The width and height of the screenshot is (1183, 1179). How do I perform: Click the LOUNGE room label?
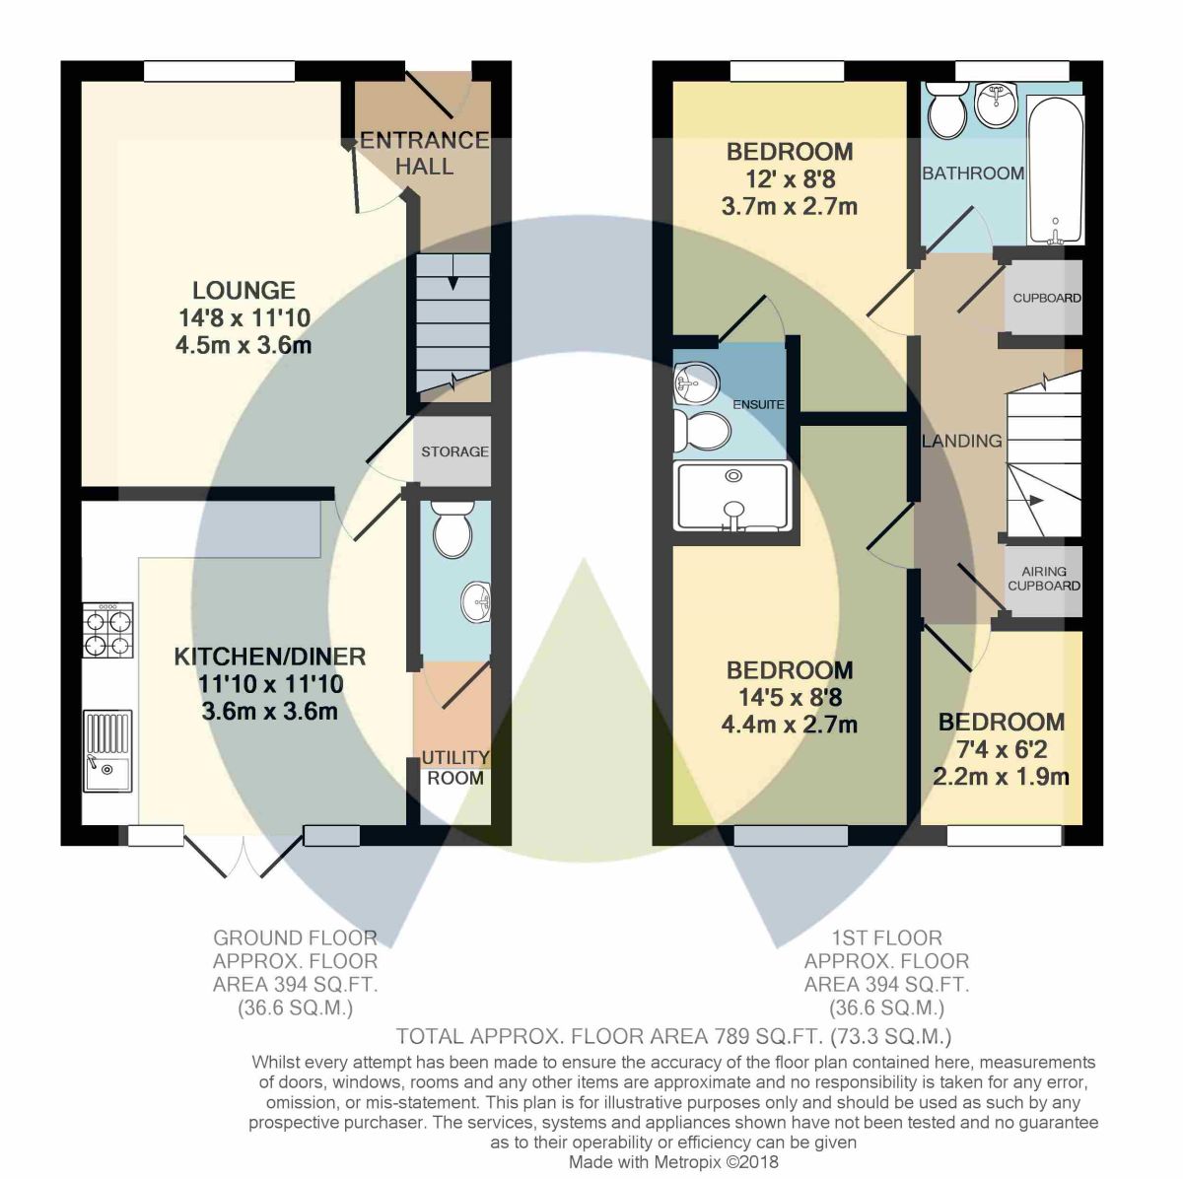[244, 290]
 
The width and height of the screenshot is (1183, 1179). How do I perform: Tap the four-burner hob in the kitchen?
[108, 629]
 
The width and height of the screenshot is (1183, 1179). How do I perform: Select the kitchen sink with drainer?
[108, 750]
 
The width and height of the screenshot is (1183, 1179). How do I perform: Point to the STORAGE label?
[454, 451]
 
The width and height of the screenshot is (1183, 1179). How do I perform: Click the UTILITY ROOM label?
[454, 768]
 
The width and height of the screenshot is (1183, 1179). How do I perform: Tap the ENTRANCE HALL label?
[424, 153]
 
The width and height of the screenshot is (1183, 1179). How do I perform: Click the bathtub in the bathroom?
[1055, 171]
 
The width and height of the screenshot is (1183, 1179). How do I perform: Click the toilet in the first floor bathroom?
[946, 109]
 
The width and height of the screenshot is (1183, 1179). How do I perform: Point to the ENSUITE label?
[758, 405]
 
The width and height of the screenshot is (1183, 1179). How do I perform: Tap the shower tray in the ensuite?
[732, 497]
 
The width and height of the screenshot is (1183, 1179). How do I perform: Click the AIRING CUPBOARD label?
[1044, 579]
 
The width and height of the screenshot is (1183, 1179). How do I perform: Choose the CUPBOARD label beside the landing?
[1047, 298]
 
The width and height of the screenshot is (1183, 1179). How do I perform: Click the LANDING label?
[961, 441]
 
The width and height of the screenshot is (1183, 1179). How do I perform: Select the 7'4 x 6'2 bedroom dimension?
[1002, 749]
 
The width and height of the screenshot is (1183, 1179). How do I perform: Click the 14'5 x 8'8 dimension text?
[790, 697]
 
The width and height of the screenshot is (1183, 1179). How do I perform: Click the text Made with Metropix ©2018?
[673, 1162]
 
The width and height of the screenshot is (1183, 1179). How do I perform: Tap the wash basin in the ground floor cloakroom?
[476, 601]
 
